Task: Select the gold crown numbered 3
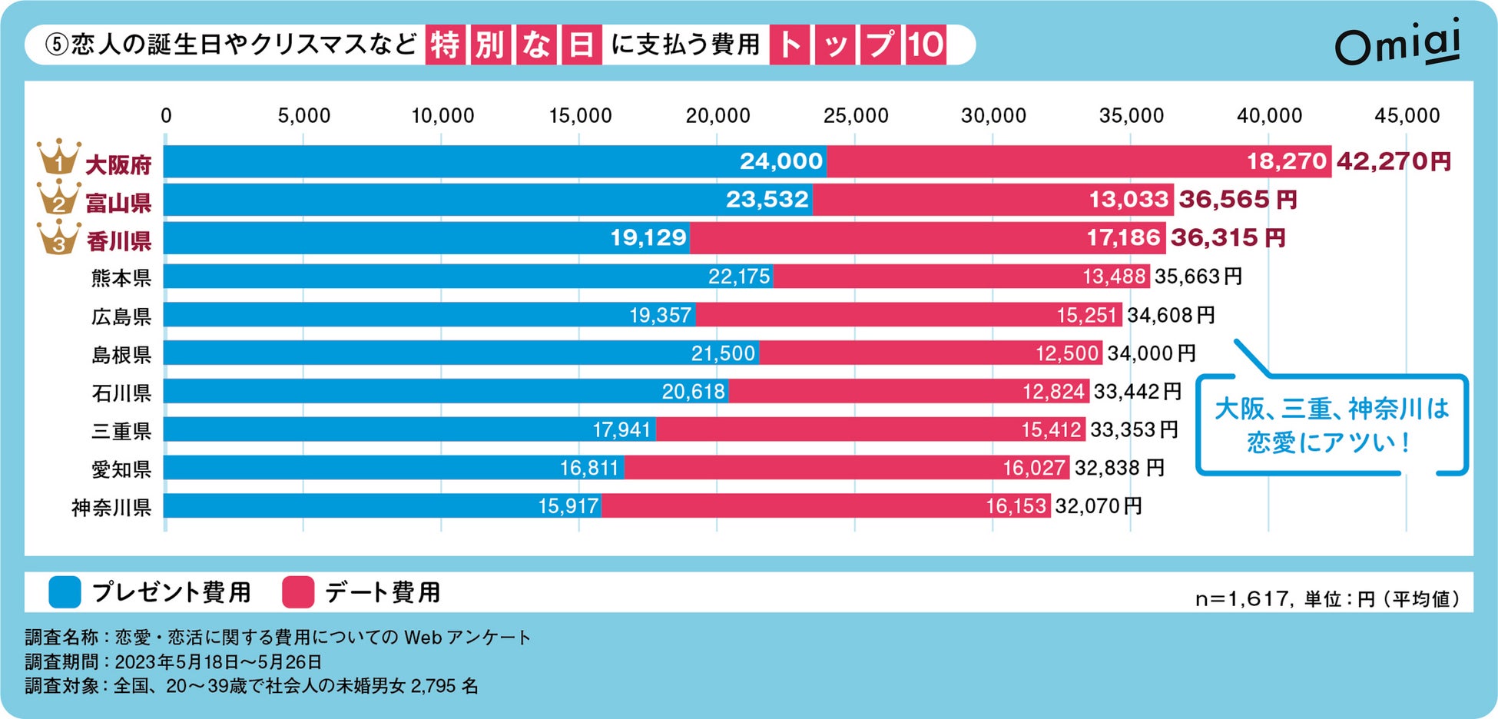pos(58,237)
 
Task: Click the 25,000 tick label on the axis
pos(855,116)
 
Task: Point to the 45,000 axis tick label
pos(1407,116)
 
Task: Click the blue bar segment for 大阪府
pos(494,161)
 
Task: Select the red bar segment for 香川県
pos(926,238)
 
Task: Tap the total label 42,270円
pos(1394,161)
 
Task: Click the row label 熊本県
pos(121,277)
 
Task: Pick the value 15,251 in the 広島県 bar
pos(1086,315)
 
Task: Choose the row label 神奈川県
pos(111,508)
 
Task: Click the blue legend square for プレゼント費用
pos(65,592)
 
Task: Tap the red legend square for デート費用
pos(298,592)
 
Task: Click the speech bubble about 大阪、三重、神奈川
pos(1331,425)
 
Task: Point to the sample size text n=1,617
pos(1243,598)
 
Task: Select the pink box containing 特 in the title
pos(445,45)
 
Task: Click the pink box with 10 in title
pos(925,45)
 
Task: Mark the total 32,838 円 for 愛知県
pos(1119,468)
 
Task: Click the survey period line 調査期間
pos(173,661)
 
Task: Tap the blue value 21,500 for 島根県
pos(723,353)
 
